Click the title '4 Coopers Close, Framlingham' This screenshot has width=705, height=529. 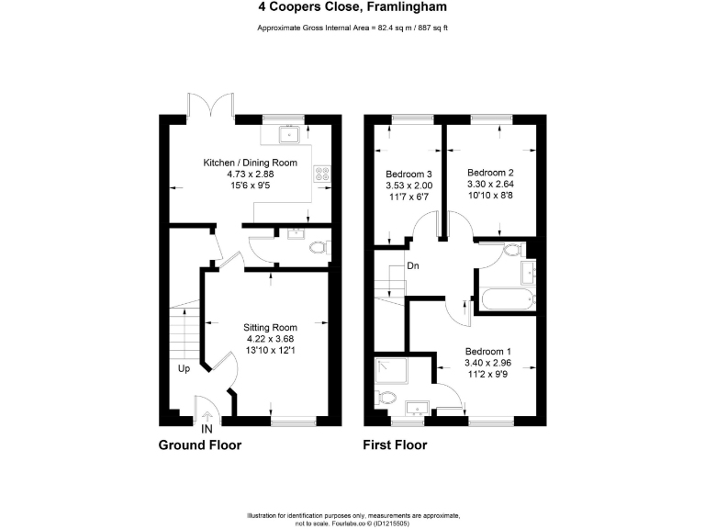click(x=352, y=7)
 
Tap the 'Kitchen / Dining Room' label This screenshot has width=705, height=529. click(x=239, y=163)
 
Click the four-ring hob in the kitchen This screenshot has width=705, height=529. click(x=322, y=171)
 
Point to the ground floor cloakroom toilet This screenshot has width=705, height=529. click(x=319, y=248)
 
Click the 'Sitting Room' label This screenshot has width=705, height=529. click(x=270, y=327)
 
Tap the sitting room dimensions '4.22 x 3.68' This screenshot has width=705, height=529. click(x=270, y=339)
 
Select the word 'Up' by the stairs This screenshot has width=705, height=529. click(x=185, y=370)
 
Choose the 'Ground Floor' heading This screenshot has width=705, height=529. click(x=200, y=446)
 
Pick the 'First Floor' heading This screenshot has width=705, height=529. click(x=396, y=446)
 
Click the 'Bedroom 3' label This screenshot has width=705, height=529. click(x=409, y=174)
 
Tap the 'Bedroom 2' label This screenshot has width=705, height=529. click(x=490, y=172)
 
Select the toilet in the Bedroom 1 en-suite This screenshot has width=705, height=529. click(x=386, y=399)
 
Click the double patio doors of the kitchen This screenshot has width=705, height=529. click(x=211, y=106)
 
